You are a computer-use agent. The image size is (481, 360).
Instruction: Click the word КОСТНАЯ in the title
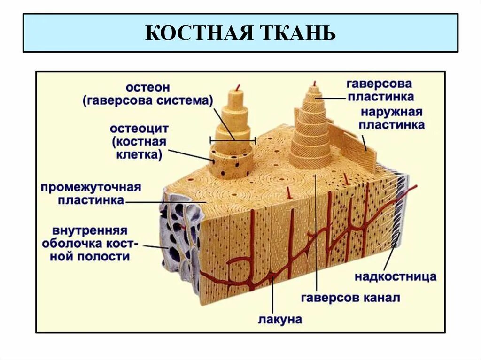197,33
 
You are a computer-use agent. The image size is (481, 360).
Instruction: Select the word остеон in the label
147,87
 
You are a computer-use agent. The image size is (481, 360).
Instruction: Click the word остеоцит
139,129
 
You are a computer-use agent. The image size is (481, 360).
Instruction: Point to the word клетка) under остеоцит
139,155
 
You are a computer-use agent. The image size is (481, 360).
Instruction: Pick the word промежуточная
91,188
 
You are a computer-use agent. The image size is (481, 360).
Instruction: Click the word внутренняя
90,231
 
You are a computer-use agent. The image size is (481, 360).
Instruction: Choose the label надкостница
395,276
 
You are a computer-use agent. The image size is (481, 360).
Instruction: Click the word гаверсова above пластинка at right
379,84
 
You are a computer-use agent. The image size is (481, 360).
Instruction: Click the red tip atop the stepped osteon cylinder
238,87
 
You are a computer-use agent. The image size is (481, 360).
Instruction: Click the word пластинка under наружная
392,125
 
